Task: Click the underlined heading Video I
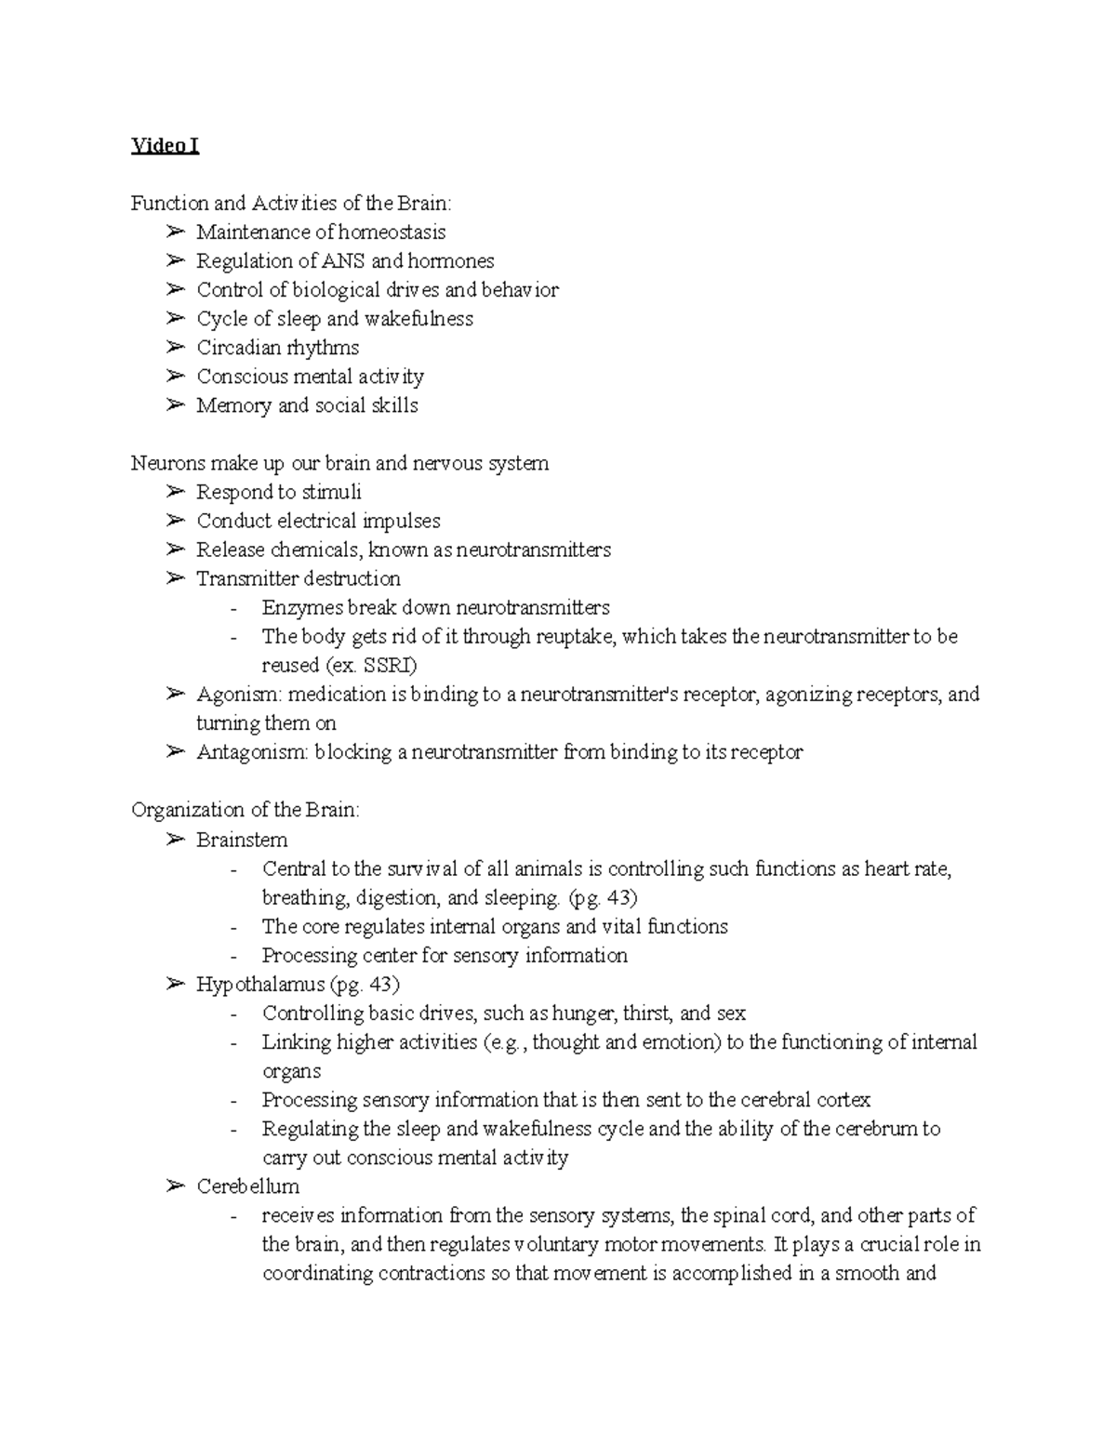click(x=165, y=146)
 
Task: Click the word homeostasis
click(x=392, y=232)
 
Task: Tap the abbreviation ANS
click(x=343, y=260)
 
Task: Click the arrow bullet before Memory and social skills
click(x=175, y=405)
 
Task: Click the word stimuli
click(x=332, y=492)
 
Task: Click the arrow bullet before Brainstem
click(x=175, y=840)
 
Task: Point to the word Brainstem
click(x=242, y=840)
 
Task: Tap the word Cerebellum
click(x=247, y=1186)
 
